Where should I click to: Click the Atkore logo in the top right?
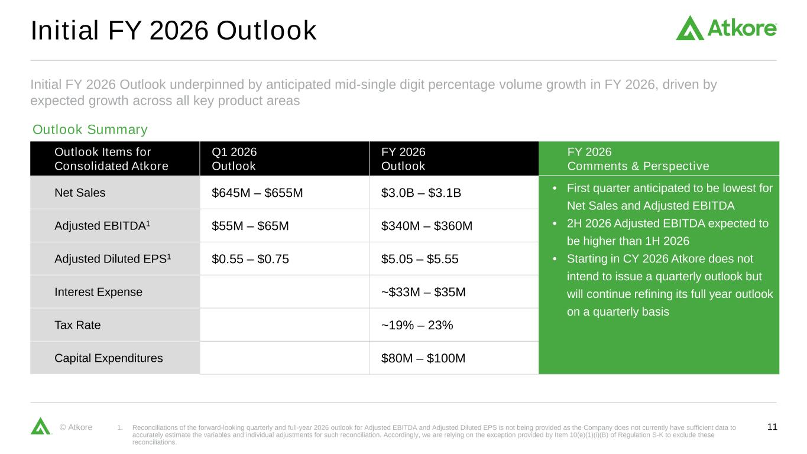[725, 28]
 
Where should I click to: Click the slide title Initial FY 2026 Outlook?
[173, 31]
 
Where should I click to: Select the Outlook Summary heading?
[90, 129]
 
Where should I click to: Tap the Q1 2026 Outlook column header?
[234, 158]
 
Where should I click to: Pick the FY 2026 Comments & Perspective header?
[638, 158]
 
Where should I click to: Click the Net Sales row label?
[80, 192]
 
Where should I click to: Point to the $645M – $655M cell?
[257, 192]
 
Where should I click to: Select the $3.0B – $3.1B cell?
[422, 192]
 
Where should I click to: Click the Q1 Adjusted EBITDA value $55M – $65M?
[250, 225]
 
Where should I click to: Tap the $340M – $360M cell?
[427, 225]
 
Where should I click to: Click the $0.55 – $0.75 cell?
[250, 258]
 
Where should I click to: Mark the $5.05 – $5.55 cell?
[420, 258]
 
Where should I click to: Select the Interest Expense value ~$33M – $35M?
[423, 291]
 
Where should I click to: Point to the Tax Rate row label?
[77, 325]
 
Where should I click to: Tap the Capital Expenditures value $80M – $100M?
[423, 358]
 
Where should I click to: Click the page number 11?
[772, 427]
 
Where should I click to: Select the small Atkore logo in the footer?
[41, 426]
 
